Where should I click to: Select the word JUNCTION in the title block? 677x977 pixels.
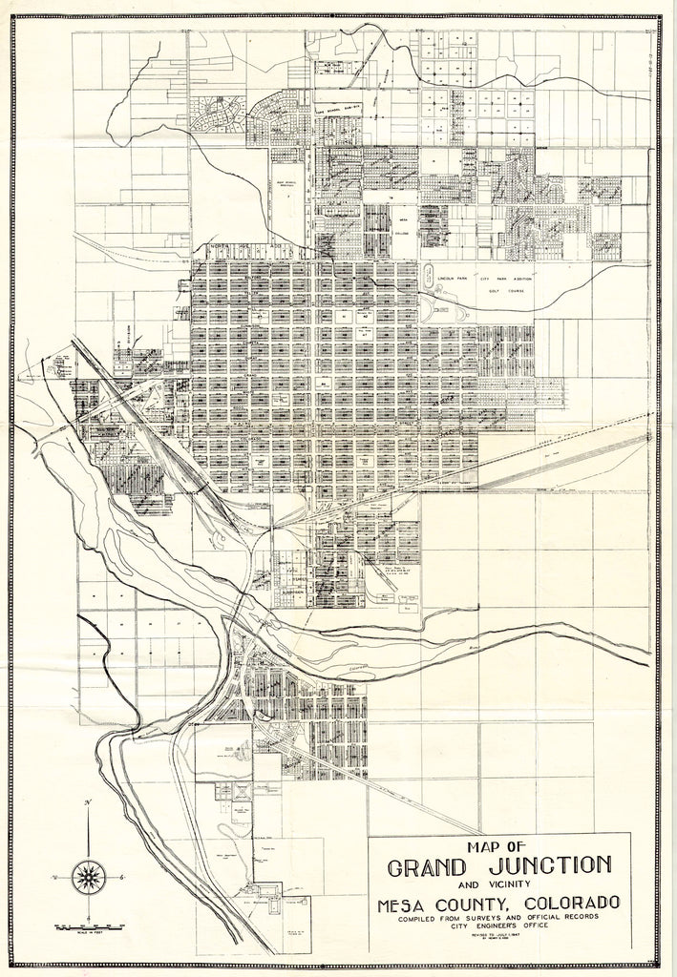click(x=552, y=865)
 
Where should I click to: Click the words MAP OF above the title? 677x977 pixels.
click(x=499, y=845)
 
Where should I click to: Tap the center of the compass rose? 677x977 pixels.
click(x=89, y=874)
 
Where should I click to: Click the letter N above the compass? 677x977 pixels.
click(x=89, y=802)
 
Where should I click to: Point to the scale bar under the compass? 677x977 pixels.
click(x=87, y=925)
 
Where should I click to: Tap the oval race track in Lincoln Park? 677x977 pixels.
click(x=428, y=277)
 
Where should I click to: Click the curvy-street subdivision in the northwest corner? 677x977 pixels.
click(x=218, y=114)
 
